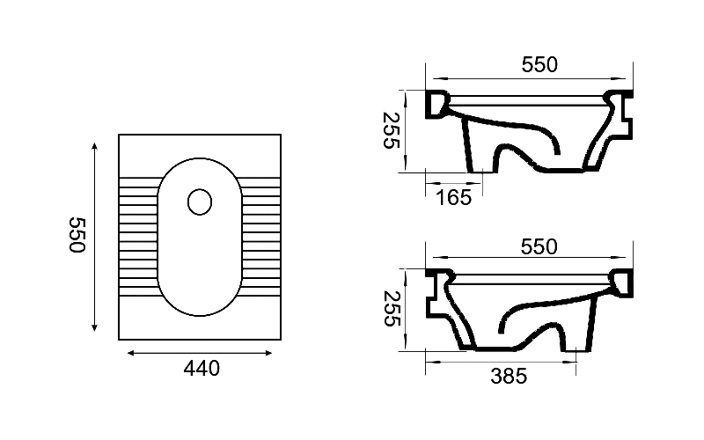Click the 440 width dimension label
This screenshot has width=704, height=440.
[x=202, y=369]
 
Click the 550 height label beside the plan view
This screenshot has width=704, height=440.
[x=77, y=235]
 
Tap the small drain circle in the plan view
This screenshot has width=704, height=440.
[x=200, y=202]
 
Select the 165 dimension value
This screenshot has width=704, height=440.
[x=454, y=197]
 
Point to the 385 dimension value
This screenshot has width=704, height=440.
[x=509, y=377]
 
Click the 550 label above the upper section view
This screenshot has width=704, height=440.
[x=539, y=64]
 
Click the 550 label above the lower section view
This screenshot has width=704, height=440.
[x=539, y=247]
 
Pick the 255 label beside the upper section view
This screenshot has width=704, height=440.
[x=391, y=130]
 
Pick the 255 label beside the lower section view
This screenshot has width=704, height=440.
[x=391, y=309]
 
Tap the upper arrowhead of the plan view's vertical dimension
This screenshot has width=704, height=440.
[x=94, y=146]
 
